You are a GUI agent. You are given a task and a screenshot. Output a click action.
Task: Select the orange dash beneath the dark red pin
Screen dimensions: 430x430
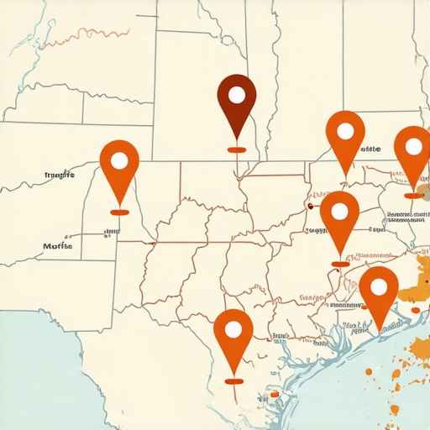(236, 150)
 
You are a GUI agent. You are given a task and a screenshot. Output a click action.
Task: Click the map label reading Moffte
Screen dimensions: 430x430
(57, 246)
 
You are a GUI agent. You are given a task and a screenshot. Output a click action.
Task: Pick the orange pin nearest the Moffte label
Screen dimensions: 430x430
(119, 168)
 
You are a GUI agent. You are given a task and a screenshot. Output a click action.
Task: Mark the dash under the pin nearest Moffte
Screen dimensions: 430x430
(119, 212)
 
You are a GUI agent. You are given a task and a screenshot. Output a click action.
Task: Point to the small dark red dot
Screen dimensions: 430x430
(310, 204)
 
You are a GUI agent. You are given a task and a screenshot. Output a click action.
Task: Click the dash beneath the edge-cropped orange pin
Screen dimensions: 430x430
(413, 196)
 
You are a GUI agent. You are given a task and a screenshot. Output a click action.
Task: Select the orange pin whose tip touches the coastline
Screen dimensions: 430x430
(379, 294)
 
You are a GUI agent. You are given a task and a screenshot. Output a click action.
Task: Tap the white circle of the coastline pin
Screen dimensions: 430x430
(379, 286)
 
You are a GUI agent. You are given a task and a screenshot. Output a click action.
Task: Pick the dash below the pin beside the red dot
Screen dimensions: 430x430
(339, 264)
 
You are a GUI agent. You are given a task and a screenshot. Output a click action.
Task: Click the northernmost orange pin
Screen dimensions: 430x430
(345, 139)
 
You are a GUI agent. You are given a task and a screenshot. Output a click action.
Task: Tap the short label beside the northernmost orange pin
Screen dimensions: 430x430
(370, 149)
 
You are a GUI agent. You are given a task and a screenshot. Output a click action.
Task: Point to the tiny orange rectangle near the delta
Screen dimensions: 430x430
(274, 393)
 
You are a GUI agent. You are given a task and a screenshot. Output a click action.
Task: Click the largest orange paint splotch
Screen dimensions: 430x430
(416, 286)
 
